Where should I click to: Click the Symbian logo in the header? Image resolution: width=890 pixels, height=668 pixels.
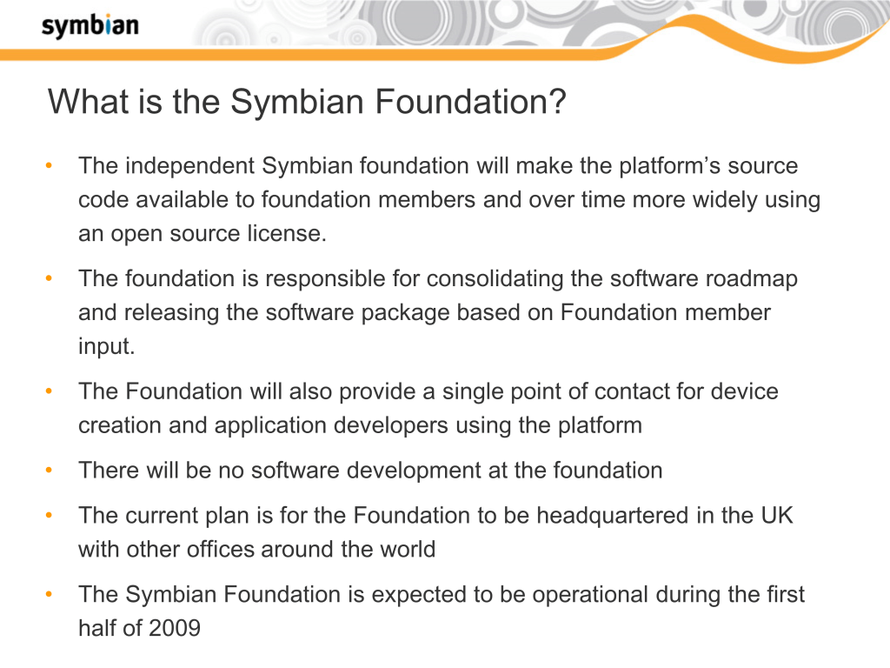pyautogui.click(x=90, y=26)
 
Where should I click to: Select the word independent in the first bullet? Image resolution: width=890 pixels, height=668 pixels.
pyautogui.click(x=190, y=166)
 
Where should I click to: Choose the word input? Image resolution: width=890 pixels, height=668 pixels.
pyautogui.click(x=107, y=346)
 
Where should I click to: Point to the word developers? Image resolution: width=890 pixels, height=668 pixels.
pyautogui.click(x=391, y=425)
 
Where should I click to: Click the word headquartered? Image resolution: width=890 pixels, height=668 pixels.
pyautogui.click(x=614, y=516)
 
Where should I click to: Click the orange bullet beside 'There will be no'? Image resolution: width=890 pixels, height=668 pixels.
pyautogui.click(x=49, y=471)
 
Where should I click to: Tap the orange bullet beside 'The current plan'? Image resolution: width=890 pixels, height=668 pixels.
pyautogui.click(x=49, y=515)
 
